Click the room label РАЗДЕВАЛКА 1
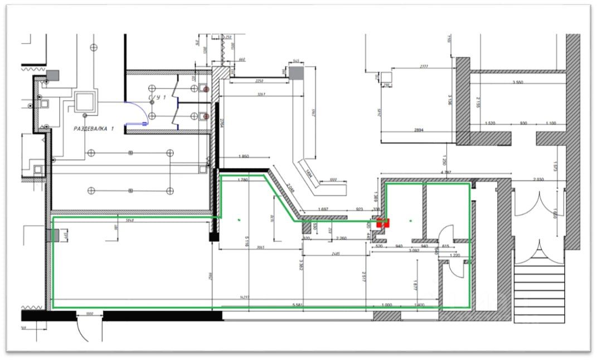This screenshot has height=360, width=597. click(x=93, y=128)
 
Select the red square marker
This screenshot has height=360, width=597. click(x=383, y=223)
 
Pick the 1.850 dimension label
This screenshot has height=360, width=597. click(x=243, y=157)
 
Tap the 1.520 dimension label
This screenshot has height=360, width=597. click(x=491, y=123)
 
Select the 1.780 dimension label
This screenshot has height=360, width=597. click(x=242, y=180)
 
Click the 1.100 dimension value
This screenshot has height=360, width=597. click(x=551, y=123)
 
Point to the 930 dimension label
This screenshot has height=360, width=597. click(x=523, y=123)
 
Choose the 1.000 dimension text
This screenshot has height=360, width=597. click(x=386, y=305)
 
